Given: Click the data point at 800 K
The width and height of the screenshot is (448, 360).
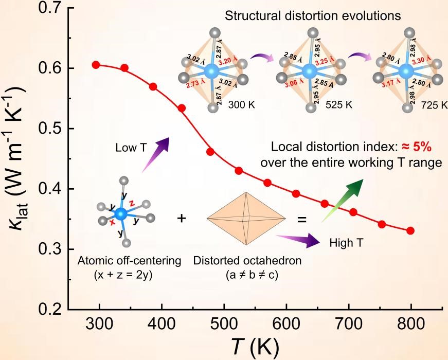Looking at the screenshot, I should coord(410,230).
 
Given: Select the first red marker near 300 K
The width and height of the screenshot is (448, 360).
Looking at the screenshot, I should coord(96,65).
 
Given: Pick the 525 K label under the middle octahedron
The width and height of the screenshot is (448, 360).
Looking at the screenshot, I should coord(339,105).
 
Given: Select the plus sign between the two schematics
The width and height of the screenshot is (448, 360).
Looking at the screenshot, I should coord(181,219).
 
